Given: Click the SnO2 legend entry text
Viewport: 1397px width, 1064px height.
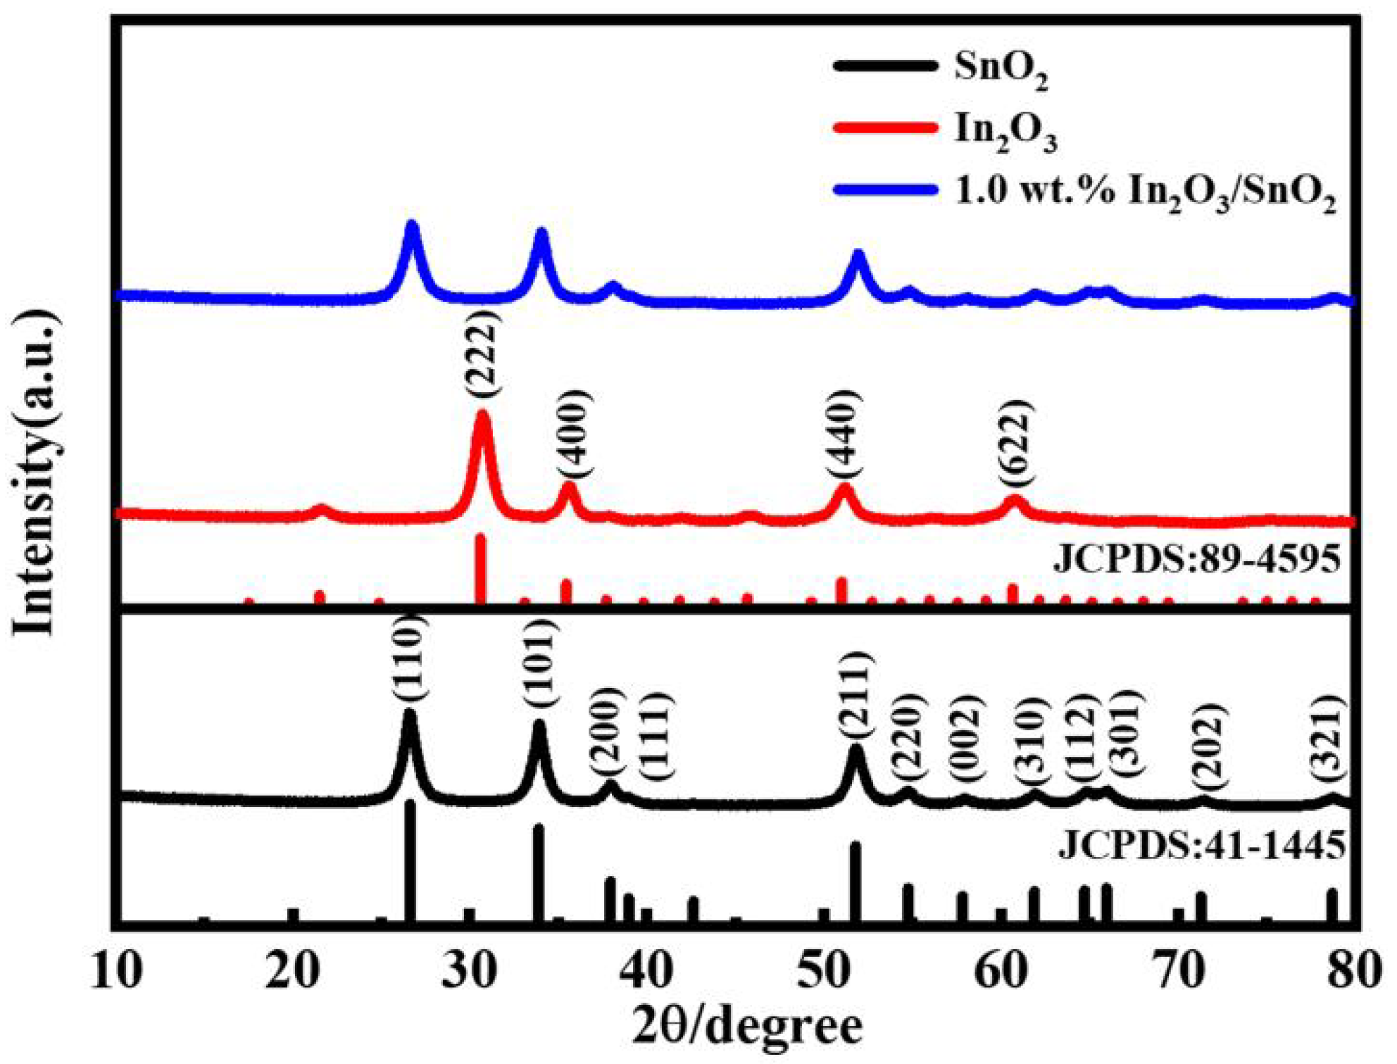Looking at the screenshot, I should (x=1000, y=69).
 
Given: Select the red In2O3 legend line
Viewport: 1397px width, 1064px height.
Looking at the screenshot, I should (x=885, y=127).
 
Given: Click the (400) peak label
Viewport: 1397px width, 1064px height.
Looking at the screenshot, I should (x=572, y=432).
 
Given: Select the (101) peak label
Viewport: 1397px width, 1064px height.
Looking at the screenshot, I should (x=540, y=665).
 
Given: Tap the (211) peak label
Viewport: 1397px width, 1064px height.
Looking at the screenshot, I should (x=855, y=696).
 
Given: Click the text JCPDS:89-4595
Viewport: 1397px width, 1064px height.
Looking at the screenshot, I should (x=1196, y=561).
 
